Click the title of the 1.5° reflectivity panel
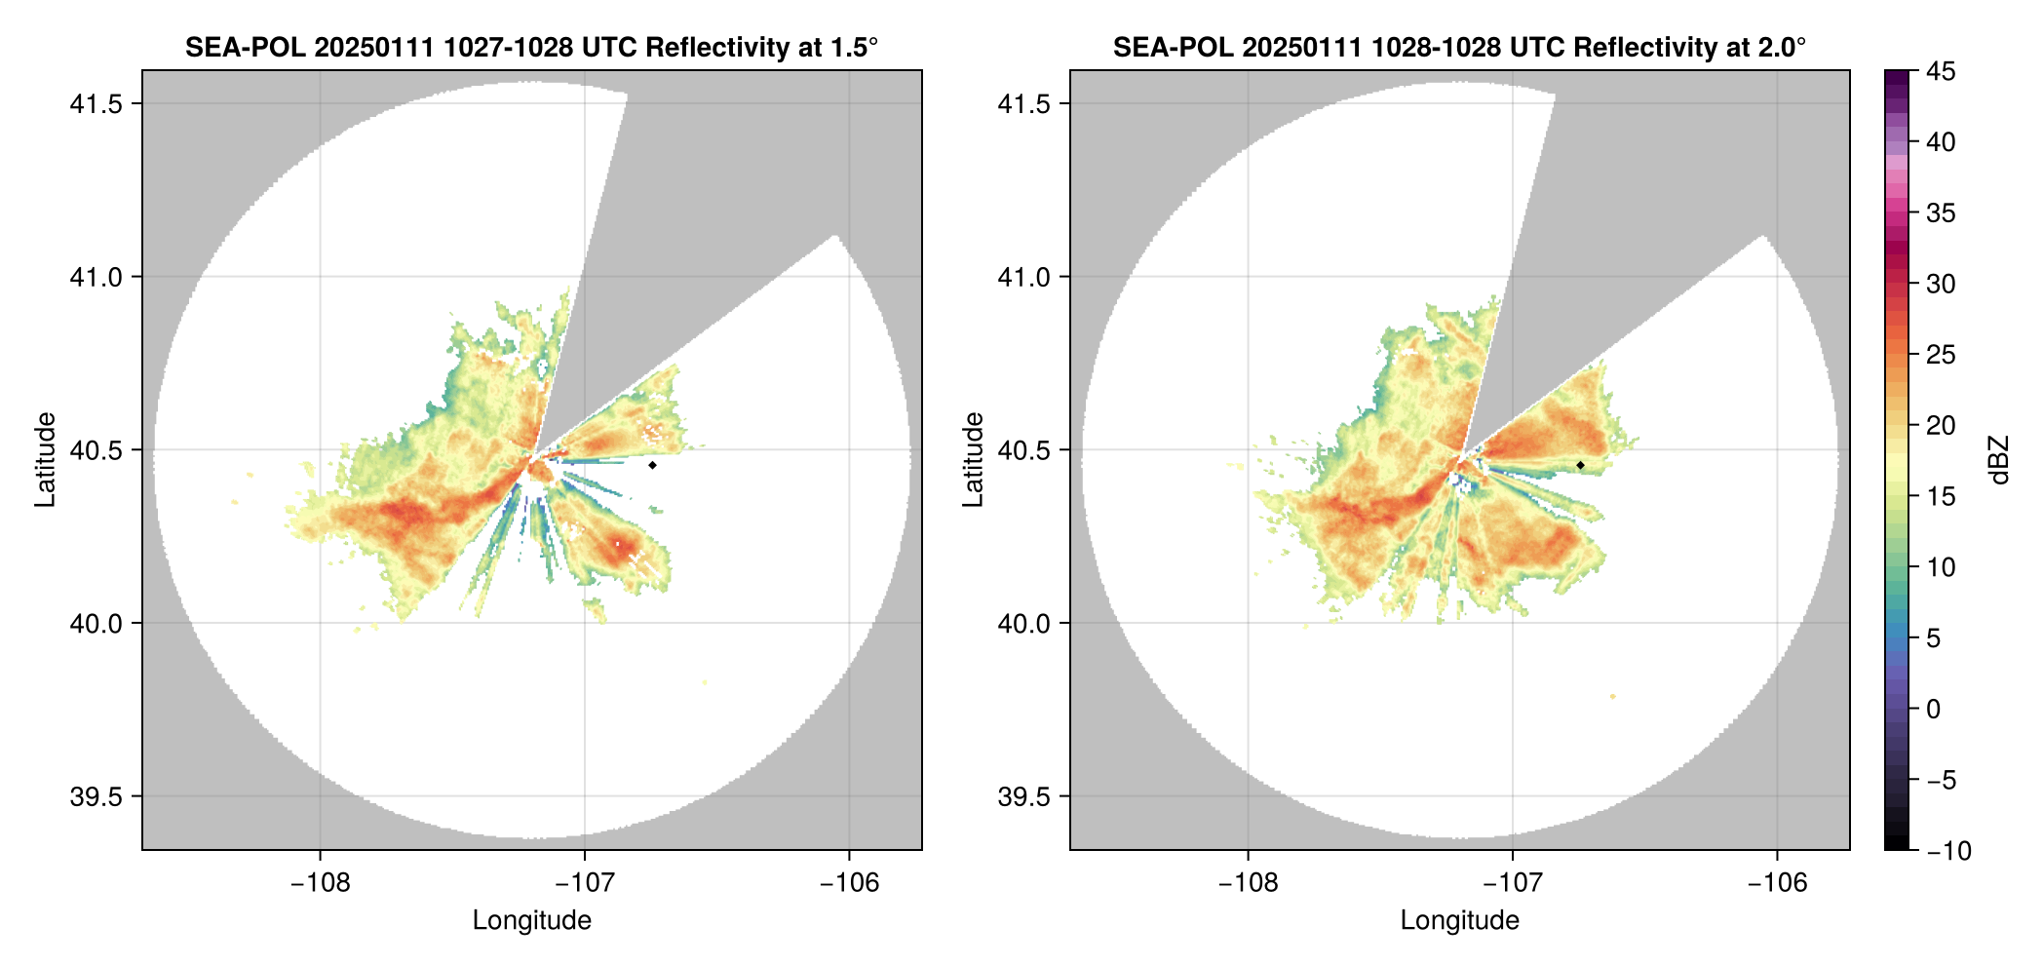tap(531, 47)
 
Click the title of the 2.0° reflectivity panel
tap(1459, 47)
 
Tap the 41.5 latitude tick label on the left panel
tap(96, 104)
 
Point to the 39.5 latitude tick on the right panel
tap(1023, 796)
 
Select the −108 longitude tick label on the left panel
tap(320, 883)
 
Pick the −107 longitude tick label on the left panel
tap(584, 883)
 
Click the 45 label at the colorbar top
tap(1940, 71)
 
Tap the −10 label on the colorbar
tap(1948, 851)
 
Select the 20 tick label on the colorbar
tap(1940, 426)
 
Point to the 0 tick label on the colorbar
tap(1934, 710)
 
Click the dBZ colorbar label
tap(1999, 460)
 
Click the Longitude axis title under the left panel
tap(531, 920)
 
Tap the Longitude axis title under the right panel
tap(1459, 920)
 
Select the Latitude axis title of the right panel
tap(973, 460)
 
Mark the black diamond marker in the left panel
tap(652, 465)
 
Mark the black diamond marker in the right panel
tap(1580, 465)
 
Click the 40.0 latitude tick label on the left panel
tap(96, 624)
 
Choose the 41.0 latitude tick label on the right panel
tap(1023, 278)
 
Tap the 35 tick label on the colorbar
tap(1940, 213)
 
